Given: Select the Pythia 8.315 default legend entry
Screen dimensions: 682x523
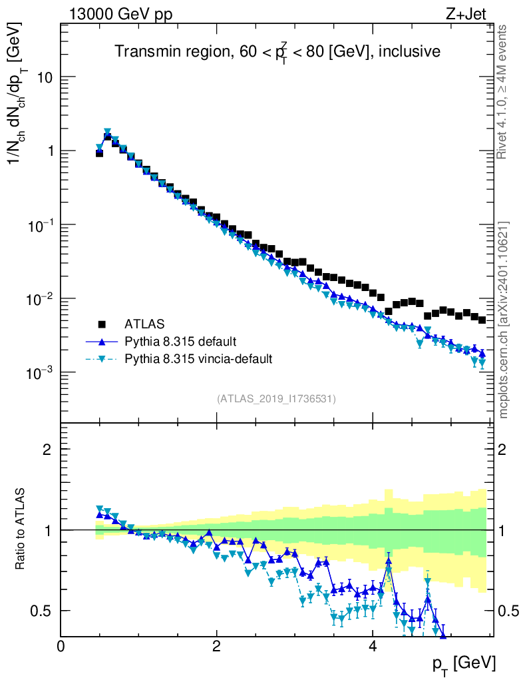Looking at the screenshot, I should (180, 342).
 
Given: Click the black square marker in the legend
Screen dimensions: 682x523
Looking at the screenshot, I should (102, 324).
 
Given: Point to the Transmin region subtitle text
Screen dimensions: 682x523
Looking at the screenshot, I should (277, 52).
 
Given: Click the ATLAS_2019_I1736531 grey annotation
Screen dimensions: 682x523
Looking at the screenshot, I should (276, 399).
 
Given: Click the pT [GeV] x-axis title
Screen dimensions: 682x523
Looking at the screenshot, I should (463, 663).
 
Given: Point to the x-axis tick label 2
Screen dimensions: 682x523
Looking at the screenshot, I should (216, 646).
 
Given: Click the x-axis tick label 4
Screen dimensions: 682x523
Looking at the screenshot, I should (372, 646).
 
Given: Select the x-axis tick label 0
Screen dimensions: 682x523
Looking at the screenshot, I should (61, 646).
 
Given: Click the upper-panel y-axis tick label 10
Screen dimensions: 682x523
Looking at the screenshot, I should (43, 77).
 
